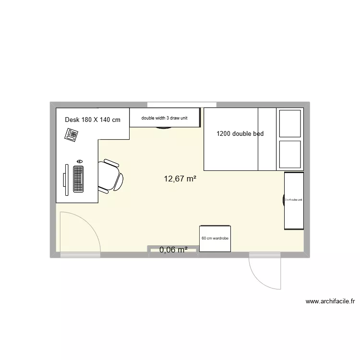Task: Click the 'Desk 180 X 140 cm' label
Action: click(93, 120)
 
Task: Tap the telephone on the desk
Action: click(72, 135)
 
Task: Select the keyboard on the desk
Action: click(78, 179)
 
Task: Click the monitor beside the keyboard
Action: click(65, 179)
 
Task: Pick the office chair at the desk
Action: click(111, 176)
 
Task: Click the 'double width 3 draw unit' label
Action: click(164, 118)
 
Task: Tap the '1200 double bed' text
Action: click(240, 134)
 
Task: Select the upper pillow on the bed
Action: click(290, 124)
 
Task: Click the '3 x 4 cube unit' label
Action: click(293, 200)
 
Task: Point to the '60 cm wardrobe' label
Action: click(215, 238)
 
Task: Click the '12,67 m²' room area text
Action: click(180, 179)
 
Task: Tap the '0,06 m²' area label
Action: click(173, 249)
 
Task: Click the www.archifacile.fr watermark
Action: click(330, 302)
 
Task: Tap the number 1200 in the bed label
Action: click(224, 134)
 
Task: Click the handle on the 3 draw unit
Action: click(164, 128)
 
